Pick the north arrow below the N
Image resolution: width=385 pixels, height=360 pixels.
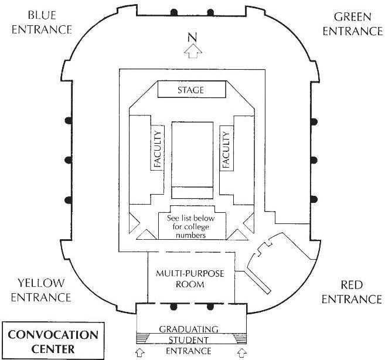tap(192, 52)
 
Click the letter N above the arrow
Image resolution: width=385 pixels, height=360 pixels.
tap(192, 37)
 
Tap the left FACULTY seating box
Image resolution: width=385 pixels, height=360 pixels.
tap(158, 149)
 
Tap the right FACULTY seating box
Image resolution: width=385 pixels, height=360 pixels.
tap(227, 149)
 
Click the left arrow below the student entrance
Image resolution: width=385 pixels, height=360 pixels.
tap(139, 352)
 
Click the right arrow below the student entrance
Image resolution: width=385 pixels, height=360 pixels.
tap(243, 352)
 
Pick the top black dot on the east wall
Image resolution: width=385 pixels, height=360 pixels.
tap(315, 121)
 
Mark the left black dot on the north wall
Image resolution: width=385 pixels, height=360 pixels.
tap(173, 12)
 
